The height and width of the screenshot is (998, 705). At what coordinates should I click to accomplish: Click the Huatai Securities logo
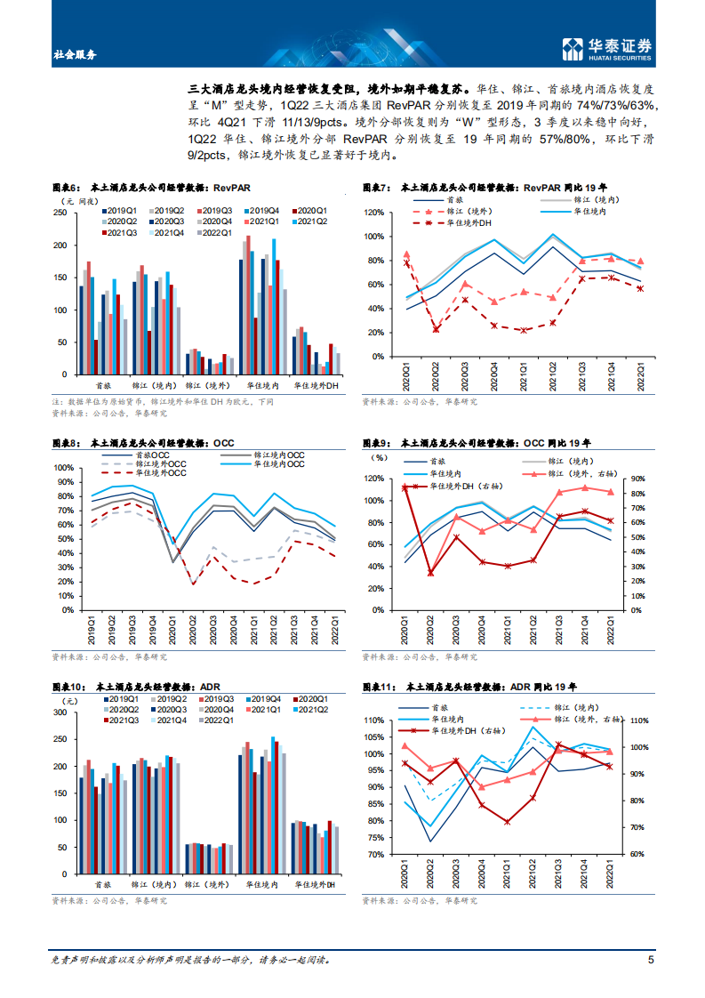tap(605, 50)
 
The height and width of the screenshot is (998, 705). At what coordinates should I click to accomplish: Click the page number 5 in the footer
tap(651, 960)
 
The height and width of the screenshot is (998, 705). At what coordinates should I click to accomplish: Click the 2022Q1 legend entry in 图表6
tap(217, 232)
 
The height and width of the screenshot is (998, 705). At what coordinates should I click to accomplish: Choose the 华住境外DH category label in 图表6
tap(317, 386)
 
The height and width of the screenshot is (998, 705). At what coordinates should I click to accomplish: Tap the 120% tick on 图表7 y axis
tap(373, 213)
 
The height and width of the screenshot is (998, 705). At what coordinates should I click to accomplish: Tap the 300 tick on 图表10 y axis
tap(60, 713)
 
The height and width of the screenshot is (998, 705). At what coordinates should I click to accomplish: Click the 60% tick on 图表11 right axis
tap(638, 854)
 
